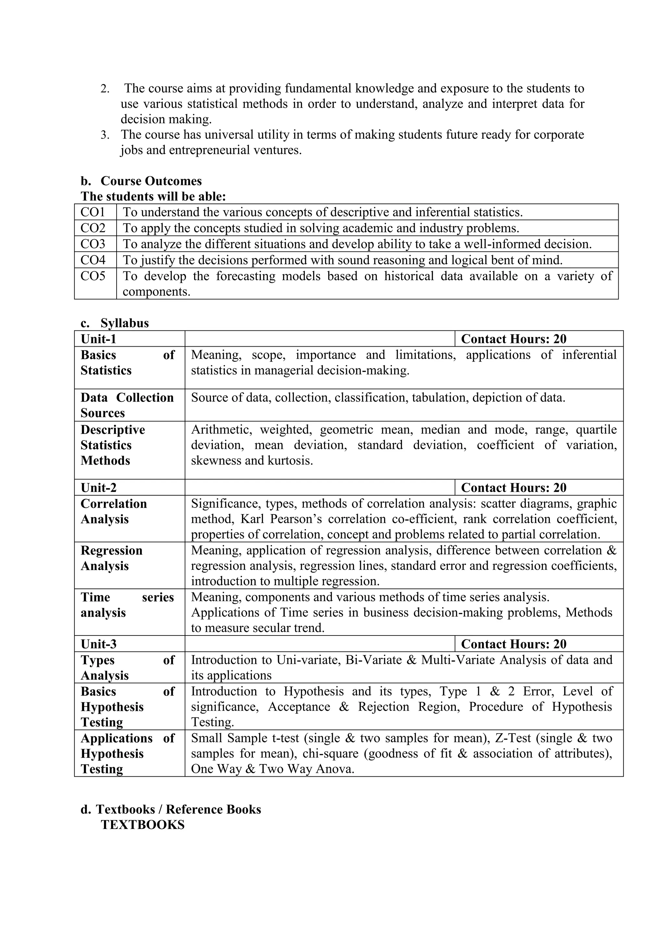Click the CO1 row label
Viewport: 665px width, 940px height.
pyautogui.click(x=93, y=212)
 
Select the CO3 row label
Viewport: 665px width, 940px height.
pyautogui.click(x=93, y=244)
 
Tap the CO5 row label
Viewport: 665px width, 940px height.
pyautogui.click(x=93, y=276)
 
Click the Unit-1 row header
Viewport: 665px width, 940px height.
pyautogui.click(x=99, y=339)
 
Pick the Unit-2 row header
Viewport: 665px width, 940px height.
pyautogui.click(x=99, y=488)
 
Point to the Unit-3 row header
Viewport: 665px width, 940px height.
pyautogui.click(x=99, y=644)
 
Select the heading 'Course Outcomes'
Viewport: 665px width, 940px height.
pyautogui.click(x=151, y=181)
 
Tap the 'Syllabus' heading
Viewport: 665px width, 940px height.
pyautogui.click(x=124, y=323)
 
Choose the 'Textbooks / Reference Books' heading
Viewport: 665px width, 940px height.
pyautogui.click(x=178, y=810)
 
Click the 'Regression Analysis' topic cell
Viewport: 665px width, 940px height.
pyautogui.click(x=111, y=558)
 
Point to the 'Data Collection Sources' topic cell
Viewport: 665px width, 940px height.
pyautogui.click(x=127, y=405)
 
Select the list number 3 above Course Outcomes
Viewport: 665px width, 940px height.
pyautogui.click(x=105, y=135)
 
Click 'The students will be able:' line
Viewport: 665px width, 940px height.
pyautogui.click(x=153, y=196)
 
